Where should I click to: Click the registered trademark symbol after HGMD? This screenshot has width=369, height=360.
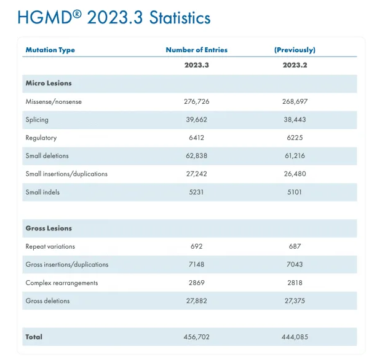77,15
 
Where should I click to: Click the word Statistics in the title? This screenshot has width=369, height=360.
180,18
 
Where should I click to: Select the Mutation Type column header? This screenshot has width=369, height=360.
50,50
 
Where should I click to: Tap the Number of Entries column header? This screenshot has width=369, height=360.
197,50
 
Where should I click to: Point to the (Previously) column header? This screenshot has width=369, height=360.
295,50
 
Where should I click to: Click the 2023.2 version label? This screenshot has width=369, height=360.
295,65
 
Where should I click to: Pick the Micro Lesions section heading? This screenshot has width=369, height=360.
49,83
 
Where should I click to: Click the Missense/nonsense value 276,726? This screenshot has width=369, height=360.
197,101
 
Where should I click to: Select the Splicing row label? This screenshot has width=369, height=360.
37,120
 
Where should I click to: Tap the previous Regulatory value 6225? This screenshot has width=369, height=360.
295,138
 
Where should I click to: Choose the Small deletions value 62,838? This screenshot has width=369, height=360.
197,155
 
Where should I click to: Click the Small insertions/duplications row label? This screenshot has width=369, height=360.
66,174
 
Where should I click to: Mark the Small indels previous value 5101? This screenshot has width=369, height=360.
295,192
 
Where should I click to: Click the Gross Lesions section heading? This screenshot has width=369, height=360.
49,229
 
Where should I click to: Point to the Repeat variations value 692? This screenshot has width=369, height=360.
197,246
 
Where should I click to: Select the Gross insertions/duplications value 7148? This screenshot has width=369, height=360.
197,264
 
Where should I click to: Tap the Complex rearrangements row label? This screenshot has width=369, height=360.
61,283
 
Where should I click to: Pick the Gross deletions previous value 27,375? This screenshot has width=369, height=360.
295,301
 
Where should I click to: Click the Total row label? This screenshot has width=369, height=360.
34,337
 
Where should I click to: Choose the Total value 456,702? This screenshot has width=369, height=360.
197,337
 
